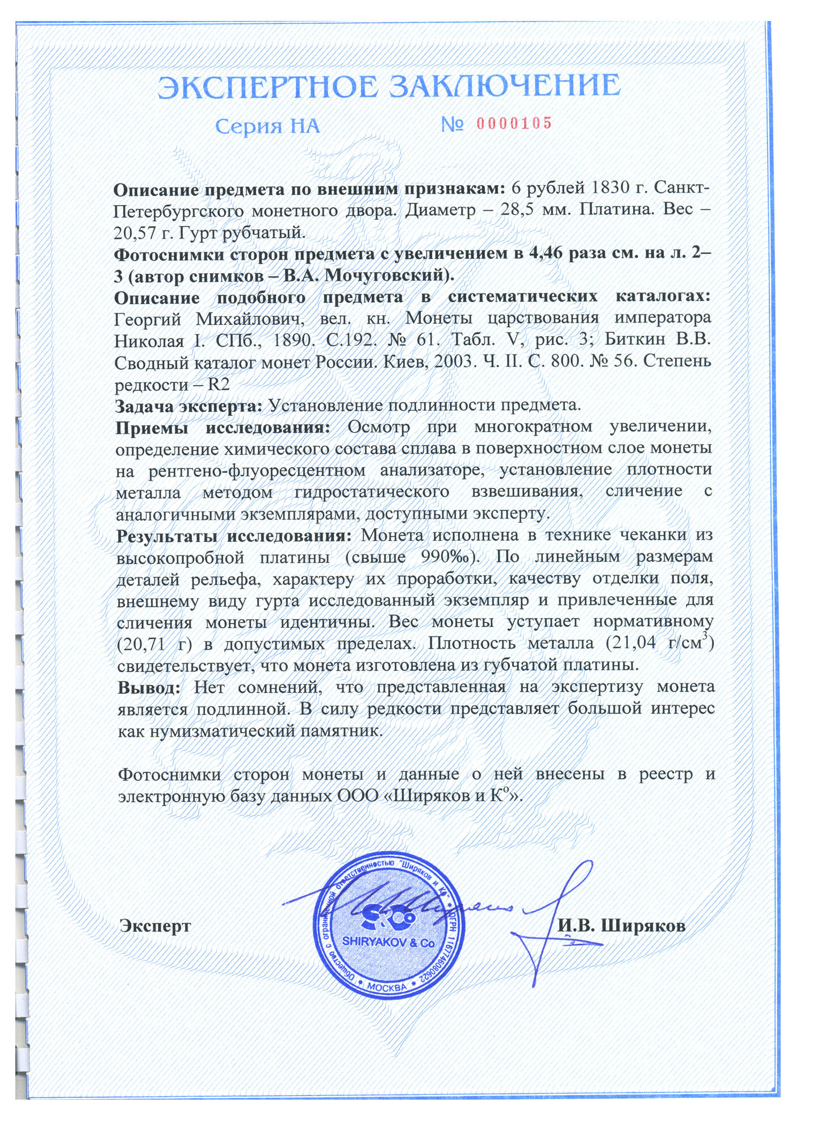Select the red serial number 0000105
click(514, 123)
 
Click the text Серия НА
click(267, 126)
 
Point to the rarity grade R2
click(218, 384)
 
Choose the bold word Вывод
click(149, 687)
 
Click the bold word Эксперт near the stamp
click(155, 926)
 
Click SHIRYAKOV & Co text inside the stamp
click(388, 942)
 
